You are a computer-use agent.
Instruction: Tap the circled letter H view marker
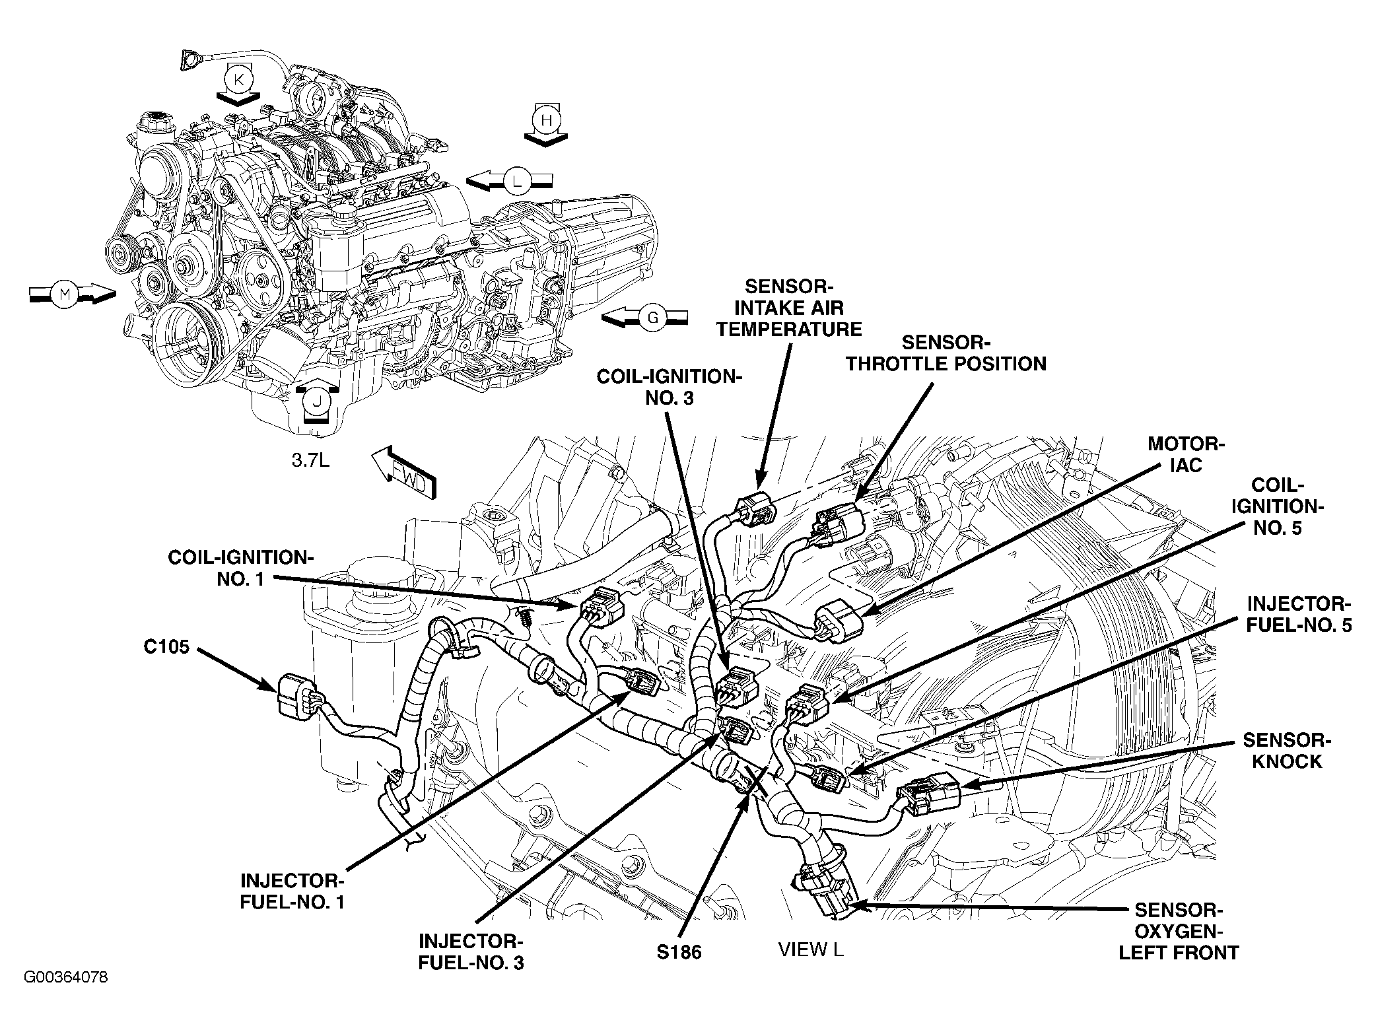point(546,120)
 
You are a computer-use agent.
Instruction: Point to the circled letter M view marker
point(65,294)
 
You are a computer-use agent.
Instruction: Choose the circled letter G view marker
point(652,319)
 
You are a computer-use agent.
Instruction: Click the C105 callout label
point(166,646)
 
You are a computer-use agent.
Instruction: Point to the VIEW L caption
point(811,949)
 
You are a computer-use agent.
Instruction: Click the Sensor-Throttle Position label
point(947,353)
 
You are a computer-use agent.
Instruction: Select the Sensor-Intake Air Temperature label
point(789,308)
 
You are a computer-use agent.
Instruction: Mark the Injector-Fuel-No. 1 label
point(292,891)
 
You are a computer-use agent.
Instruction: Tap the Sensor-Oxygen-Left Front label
point(1179,931)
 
